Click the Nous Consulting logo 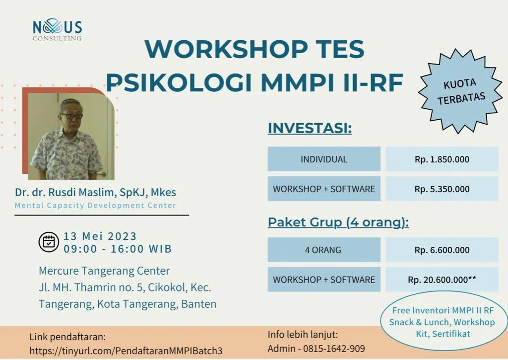click(58, 30)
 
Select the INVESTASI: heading click(310, 128)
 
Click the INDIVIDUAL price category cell click(324, 159)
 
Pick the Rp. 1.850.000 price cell click(442, 159)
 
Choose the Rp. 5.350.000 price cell click(442, 189)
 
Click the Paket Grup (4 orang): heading click(338, 222)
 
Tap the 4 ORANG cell click(324, 250)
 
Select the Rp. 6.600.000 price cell click(442, 250)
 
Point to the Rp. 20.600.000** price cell click(442, 280)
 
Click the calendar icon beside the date click(49, 242)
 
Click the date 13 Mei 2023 click(100, 236)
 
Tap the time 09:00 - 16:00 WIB click(118, 249)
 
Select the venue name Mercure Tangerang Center click(104, 271)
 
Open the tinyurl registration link click(126, 351)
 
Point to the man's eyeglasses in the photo click(71, 116)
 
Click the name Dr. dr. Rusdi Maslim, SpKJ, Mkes click(95, 192)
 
